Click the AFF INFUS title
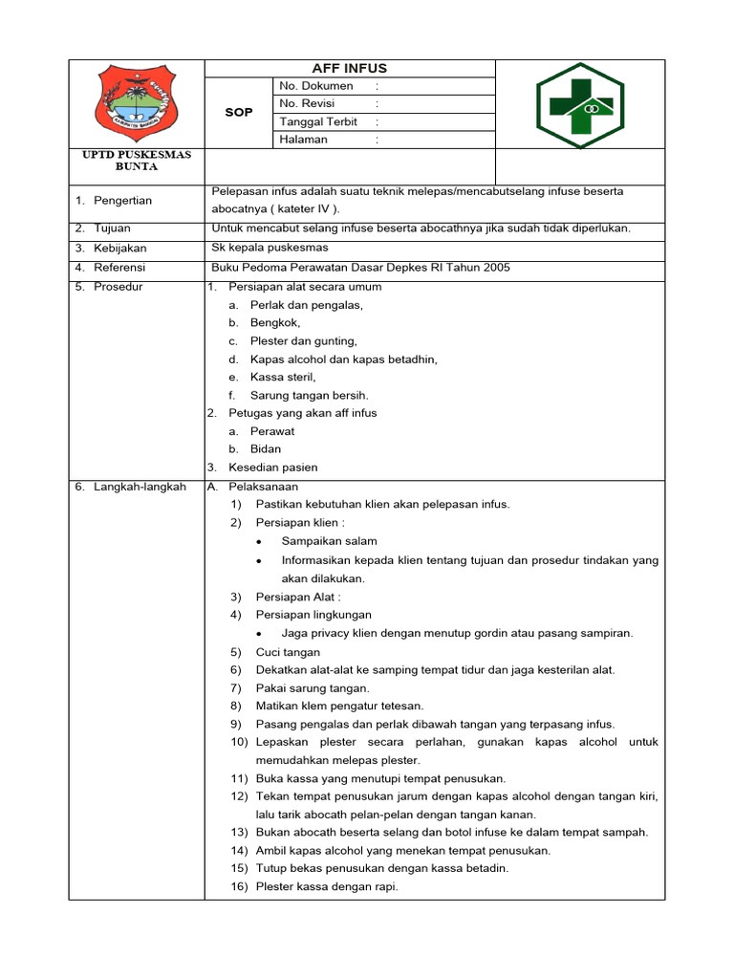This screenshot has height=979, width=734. [349, 68]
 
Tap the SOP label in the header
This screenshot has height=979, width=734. [239, 112]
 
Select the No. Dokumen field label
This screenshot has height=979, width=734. [315, 86]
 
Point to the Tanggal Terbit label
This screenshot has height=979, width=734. [318, 121]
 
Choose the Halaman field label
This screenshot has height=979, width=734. [303, 140]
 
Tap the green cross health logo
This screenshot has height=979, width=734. [579, 104]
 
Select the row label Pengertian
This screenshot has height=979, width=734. [121, 200]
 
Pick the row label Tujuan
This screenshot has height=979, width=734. [112, 228]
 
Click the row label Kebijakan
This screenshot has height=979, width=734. [119, 248]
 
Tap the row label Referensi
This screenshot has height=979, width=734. [119, 267]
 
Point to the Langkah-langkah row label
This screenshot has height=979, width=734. [140, 487]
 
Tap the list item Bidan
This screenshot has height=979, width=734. [266, 448]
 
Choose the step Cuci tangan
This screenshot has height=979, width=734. [288, 651]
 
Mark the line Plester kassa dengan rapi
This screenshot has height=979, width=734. [327, 886]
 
